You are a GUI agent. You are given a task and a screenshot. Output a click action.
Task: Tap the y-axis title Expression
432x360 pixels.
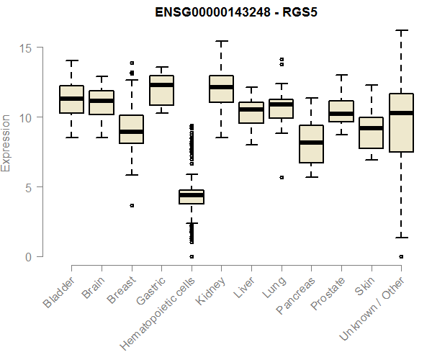click(6, 142)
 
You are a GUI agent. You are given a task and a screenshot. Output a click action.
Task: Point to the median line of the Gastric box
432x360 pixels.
click(161, 85)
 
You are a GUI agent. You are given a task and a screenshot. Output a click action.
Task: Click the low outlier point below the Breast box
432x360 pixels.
click(132, 205)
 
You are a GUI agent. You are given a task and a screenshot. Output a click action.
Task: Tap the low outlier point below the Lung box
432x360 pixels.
click(282, 177)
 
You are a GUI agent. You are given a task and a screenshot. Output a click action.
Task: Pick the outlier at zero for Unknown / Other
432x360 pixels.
click(401, 256)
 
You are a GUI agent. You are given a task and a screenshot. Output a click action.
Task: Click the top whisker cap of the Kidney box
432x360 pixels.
click(221, 41)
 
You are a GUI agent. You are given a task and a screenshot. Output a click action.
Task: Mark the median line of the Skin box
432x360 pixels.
click(371, 128)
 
